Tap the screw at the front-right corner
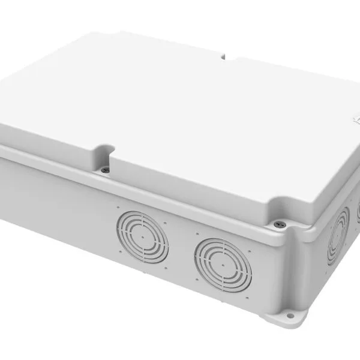point(277,224)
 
